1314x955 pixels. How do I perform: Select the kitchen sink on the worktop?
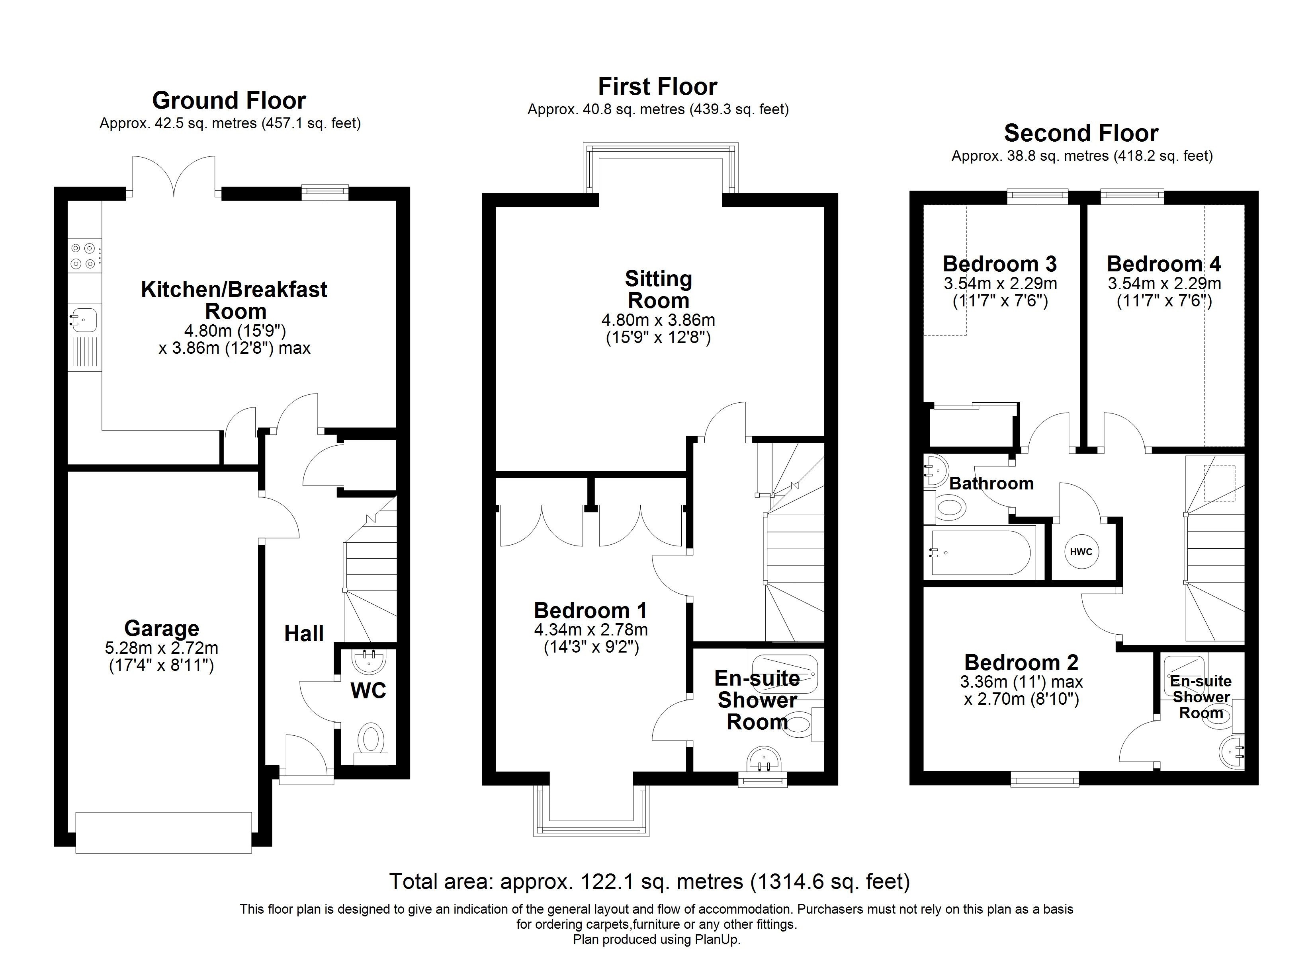84,318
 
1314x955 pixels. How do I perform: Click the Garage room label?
162,628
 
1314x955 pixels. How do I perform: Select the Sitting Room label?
658,290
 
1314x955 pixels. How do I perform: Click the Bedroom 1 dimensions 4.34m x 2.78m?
591,629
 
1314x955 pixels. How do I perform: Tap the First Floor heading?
657,87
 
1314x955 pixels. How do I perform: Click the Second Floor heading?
1081,133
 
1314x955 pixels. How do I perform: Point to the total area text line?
649,881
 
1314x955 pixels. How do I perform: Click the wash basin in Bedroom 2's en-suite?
1232,752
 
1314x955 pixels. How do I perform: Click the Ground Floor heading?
229,101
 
